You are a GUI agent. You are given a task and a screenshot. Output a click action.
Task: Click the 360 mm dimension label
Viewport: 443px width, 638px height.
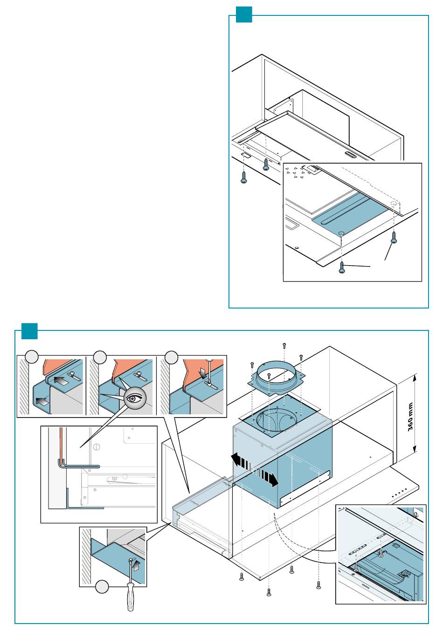point(410,417)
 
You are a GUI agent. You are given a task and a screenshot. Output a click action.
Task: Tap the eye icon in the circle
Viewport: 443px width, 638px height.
point(135,398)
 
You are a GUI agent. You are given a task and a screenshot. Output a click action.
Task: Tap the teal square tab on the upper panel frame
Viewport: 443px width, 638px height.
point(244,14)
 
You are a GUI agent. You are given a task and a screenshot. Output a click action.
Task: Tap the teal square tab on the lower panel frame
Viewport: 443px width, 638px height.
point(30,331)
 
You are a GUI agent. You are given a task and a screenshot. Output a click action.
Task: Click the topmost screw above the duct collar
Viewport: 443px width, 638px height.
point(284,346)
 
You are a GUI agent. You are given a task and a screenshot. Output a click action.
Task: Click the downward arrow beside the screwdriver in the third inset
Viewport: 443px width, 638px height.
point(203,373)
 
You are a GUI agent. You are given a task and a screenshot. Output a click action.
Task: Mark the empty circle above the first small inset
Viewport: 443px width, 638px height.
point(32,357)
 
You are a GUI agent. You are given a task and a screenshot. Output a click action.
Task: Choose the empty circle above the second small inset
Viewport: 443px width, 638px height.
point(100,357)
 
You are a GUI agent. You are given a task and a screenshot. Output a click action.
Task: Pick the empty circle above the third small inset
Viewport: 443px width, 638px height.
point(171,357)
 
